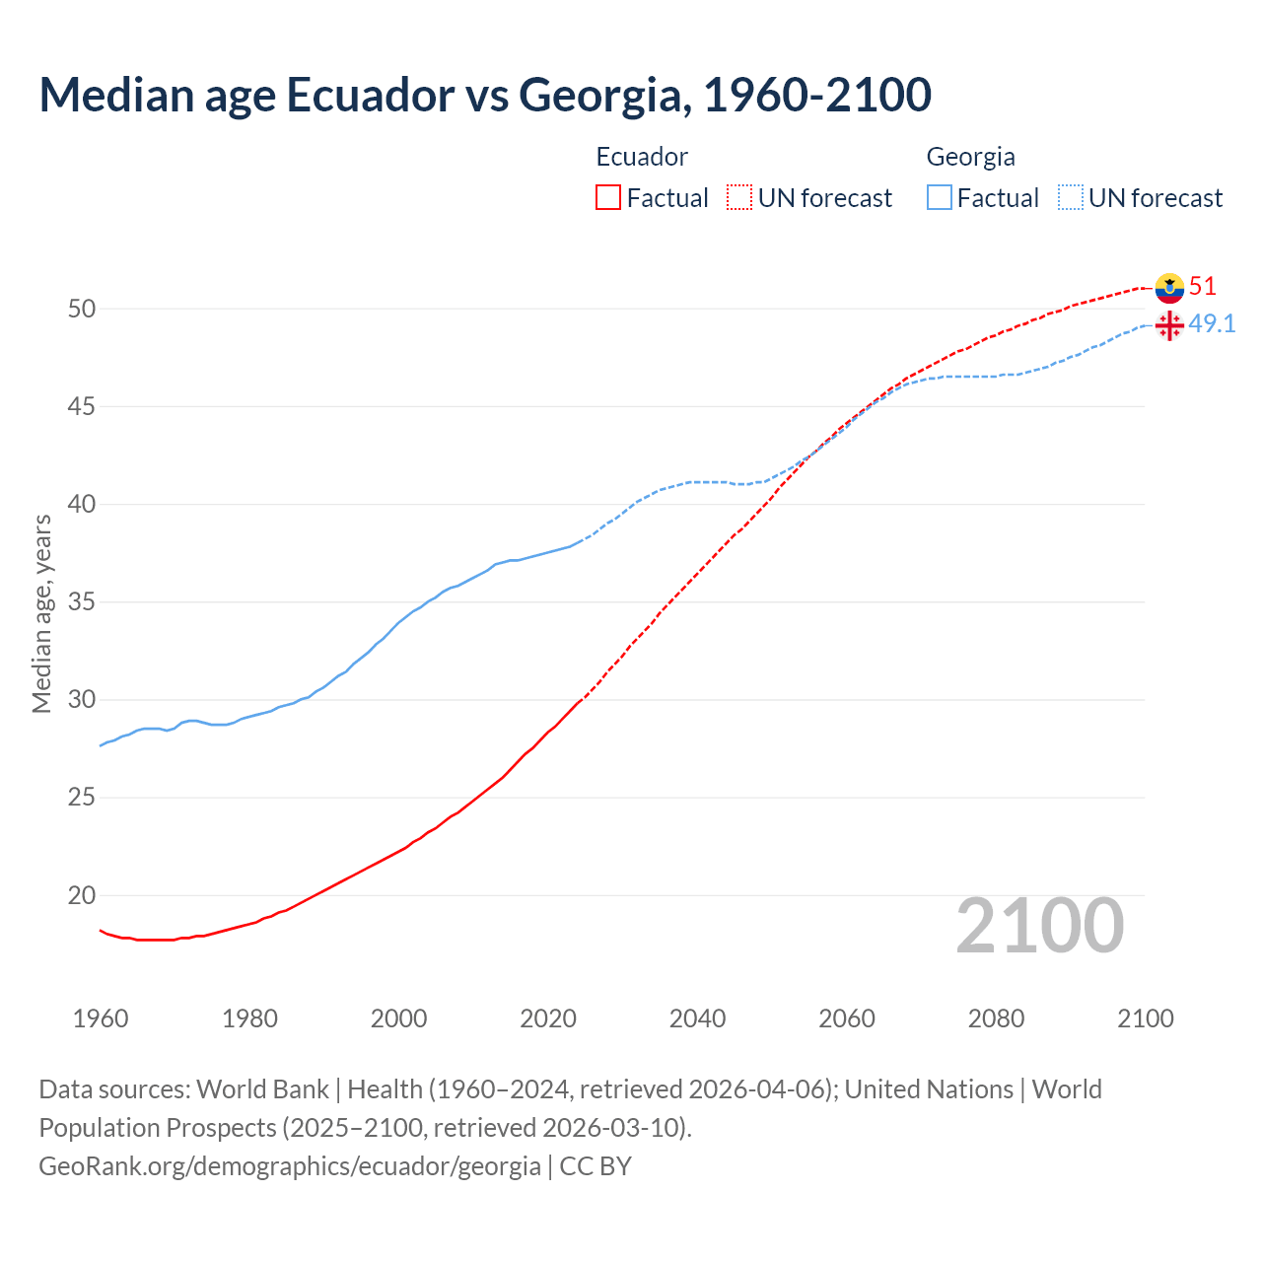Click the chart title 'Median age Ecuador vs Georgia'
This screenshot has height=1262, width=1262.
485,95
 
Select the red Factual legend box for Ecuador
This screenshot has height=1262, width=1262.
608,197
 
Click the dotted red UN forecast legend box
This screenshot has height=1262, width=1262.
739,197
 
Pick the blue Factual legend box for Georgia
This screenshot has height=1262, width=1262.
940,197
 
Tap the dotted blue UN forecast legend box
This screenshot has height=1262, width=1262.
1071,197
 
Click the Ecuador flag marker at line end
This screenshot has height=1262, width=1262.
1169,287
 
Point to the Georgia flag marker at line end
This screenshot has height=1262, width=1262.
1169,325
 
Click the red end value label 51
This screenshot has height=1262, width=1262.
1203,287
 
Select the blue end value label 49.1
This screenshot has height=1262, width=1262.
1212,324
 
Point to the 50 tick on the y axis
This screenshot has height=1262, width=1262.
82,309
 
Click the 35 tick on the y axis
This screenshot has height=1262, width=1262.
82,602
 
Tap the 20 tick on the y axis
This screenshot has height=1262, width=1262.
82,896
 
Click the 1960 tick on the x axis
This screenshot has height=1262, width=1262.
101,1018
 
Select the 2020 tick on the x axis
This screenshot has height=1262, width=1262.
548,1018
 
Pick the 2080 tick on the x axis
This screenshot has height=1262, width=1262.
996,1018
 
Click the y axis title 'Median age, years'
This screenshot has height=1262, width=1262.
41,613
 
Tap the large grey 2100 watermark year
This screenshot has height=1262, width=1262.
1040,925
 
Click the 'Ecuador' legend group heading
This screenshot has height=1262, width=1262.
642,157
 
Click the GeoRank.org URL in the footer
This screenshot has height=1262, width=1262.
290,1166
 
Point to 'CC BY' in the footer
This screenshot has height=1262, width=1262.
596,1166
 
